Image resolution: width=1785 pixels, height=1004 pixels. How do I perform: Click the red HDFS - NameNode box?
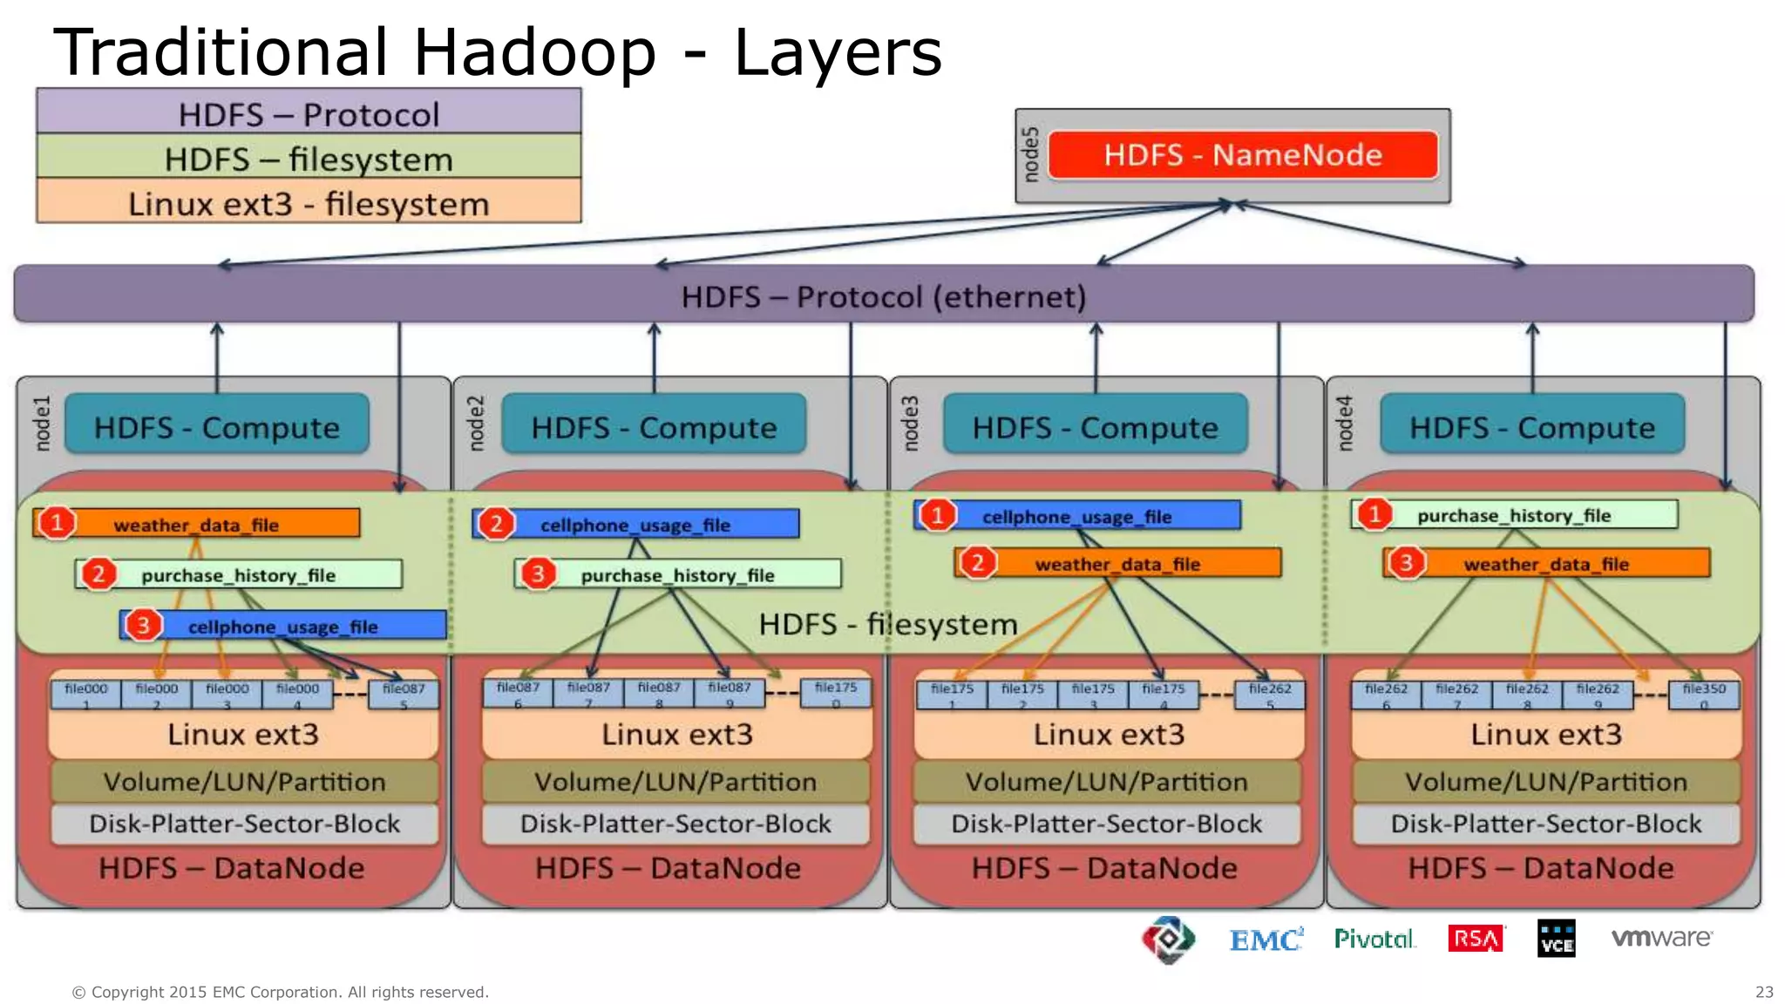(x=1243, y=155)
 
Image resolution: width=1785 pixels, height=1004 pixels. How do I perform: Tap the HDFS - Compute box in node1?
(x=217, y=427)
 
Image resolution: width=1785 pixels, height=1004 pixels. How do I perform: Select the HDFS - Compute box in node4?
(x=1532, y=427)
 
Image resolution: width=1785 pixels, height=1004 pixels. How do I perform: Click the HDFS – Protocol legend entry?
(x=309, y=112)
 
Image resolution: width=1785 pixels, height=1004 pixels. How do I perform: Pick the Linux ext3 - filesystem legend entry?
(x=309, y=202)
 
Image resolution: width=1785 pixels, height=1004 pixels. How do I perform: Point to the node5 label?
(x=1030, y=155)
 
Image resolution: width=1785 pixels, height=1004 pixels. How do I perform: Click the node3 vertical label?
(x=910, y=424)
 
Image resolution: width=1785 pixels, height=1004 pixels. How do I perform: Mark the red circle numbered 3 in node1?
(x=143, y=625)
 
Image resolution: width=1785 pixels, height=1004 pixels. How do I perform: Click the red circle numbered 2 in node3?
(x=977, y=563)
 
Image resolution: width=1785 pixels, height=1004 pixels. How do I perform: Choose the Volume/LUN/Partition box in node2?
(x=675, y=782)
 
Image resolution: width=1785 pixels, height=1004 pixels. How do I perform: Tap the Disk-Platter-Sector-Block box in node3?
(x=1107, y=824)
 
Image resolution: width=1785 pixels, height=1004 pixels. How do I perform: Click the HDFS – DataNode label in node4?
(x=1541, y=868)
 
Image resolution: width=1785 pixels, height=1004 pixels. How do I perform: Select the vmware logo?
(x=1661, y=938)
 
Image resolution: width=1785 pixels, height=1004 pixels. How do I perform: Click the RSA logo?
(x=1476, y=939)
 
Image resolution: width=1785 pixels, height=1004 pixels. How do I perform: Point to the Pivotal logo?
(x=1374, y=939)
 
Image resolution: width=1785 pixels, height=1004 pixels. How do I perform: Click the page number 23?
(x=1764, y=992)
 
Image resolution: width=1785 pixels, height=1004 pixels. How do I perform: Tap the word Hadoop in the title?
(x=534, y=52)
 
